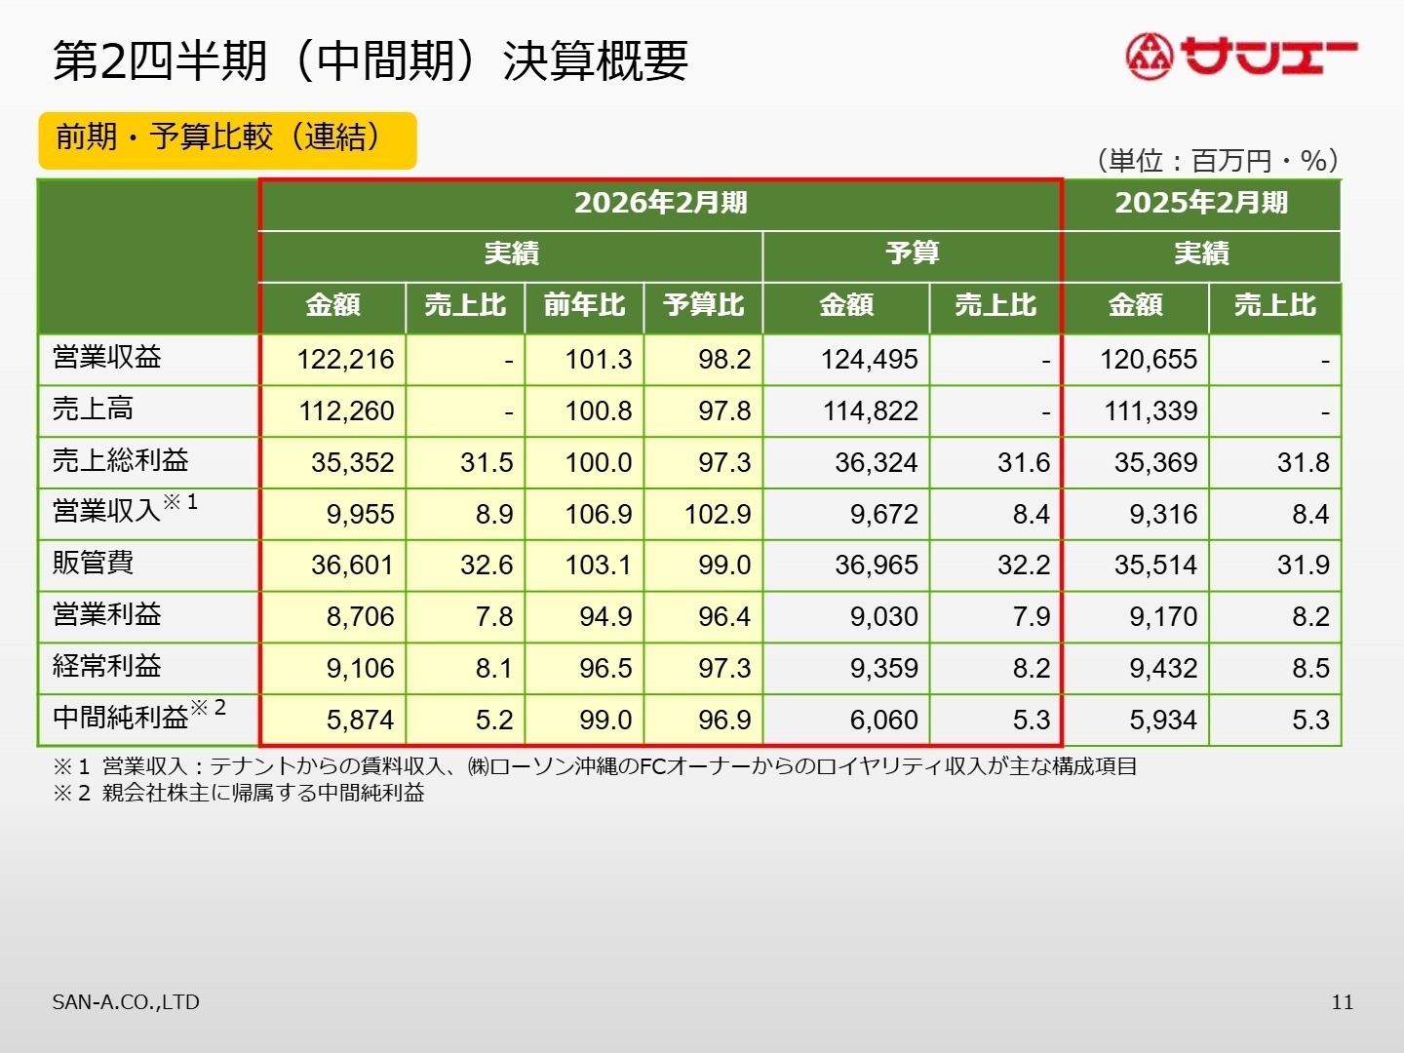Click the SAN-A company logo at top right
(1240, 57)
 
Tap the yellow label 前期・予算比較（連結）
(227, 139)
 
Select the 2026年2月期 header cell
(660, 203)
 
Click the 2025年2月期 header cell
(1201, 203)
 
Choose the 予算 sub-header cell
(912, 254)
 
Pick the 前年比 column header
(584, 306)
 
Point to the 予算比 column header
(703, 306)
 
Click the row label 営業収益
(107, 358)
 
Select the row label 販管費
(94, 564)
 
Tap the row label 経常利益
(107, 667)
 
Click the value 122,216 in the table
(345, 360)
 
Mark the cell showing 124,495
(869, 360)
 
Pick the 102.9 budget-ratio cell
(717, 514)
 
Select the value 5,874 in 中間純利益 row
(360, 721)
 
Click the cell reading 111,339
(1150, 411)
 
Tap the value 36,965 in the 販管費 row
(876, 565)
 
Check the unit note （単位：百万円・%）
(1218, 161)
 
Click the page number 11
(1342, 1002)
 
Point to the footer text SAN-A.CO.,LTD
(126, 1002)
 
